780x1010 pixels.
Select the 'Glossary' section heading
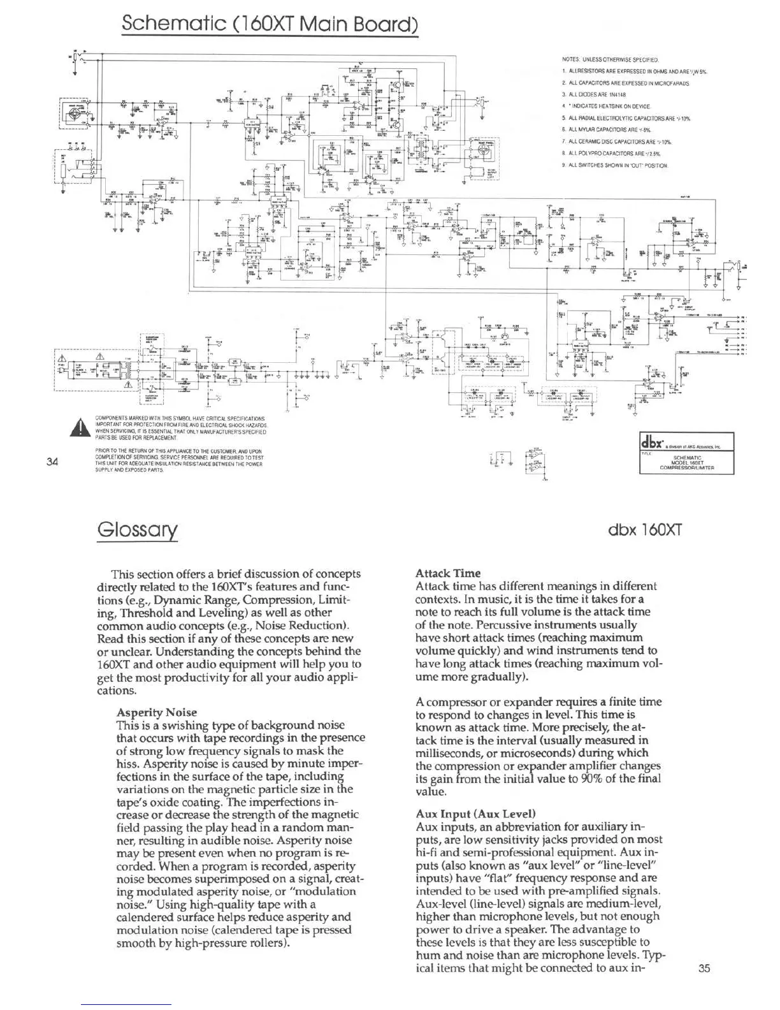coord(136,529)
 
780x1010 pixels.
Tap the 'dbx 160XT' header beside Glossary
coord(646,530)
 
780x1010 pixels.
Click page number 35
coord(704,968)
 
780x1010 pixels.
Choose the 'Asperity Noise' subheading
coord(157,712)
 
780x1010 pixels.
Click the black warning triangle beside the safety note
coord(80,427)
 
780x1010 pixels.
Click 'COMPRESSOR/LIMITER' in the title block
coord(687,467)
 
